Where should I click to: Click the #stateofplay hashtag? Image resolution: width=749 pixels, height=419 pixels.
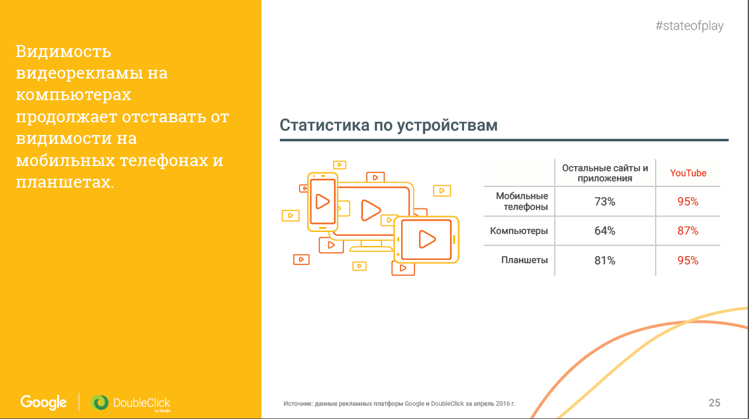(689, 26)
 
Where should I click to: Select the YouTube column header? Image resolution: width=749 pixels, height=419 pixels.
(688, 173)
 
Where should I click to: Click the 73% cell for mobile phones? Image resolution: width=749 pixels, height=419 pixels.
(605, 202)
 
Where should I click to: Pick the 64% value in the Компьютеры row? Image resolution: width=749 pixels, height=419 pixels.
(605, 231)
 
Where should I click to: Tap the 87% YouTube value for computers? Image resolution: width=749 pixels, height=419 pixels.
(688, 231)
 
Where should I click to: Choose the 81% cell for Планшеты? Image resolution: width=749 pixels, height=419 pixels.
(605, 261)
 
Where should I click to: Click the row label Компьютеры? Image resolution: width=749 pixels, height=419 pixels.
(519, 231)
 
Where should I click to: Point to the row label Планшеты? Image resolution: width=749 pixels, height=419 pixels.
(524, 260)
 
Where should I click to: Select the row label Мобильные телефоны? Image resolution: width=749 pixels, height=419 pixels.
(522, 202)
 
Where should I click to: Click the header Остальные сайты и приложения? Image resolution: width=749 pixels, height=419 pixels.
(605, 173)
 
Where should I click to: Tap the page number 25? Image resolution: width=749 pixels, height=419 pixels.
(714, 403)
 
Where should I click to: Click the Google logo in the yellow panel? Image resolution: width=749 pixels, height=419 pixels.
(43, 403)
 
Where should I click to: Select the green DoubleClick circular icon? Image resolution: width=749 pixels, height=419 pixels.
(100, 403)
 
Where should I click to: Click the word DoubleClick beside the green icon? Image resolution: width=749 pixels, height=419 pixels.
(142, 403)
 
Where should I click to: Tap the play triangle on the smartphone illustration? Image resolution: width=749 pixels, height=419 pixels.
(322, 202)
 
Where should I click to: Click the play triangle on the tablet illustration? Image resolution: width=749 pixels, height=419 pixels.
(427, 239)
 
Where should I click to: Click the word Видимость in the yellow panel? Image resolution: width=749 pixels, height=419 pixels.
(63, 51)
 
